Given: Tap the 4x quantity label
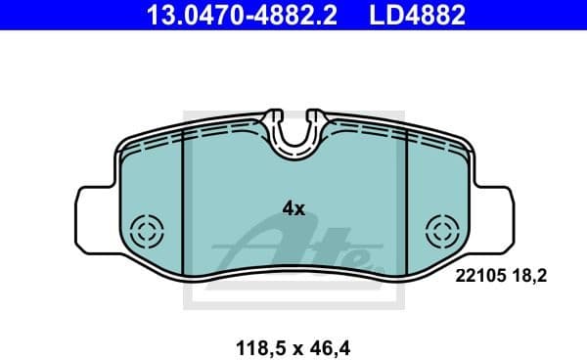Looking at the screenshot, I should click(293, 208).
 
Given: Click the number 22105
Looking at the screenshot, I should click(479, 277).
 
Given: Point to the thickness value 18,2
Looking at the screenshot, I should click(526, 277).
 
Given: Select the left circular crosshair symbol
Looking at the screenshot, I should click(150, 233).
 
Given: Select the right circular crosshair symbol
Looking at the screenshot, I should click(443, 233).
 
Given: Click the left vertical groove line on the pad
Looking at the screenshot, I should click(184, 196).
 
